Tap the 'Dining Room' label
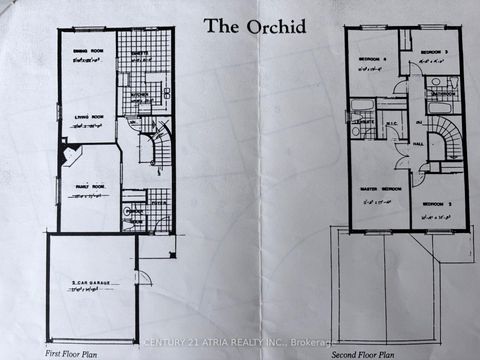coord(78,59)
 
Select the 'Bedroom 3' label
coord(432,51)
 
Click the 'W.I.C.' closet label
coord(391,123)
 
